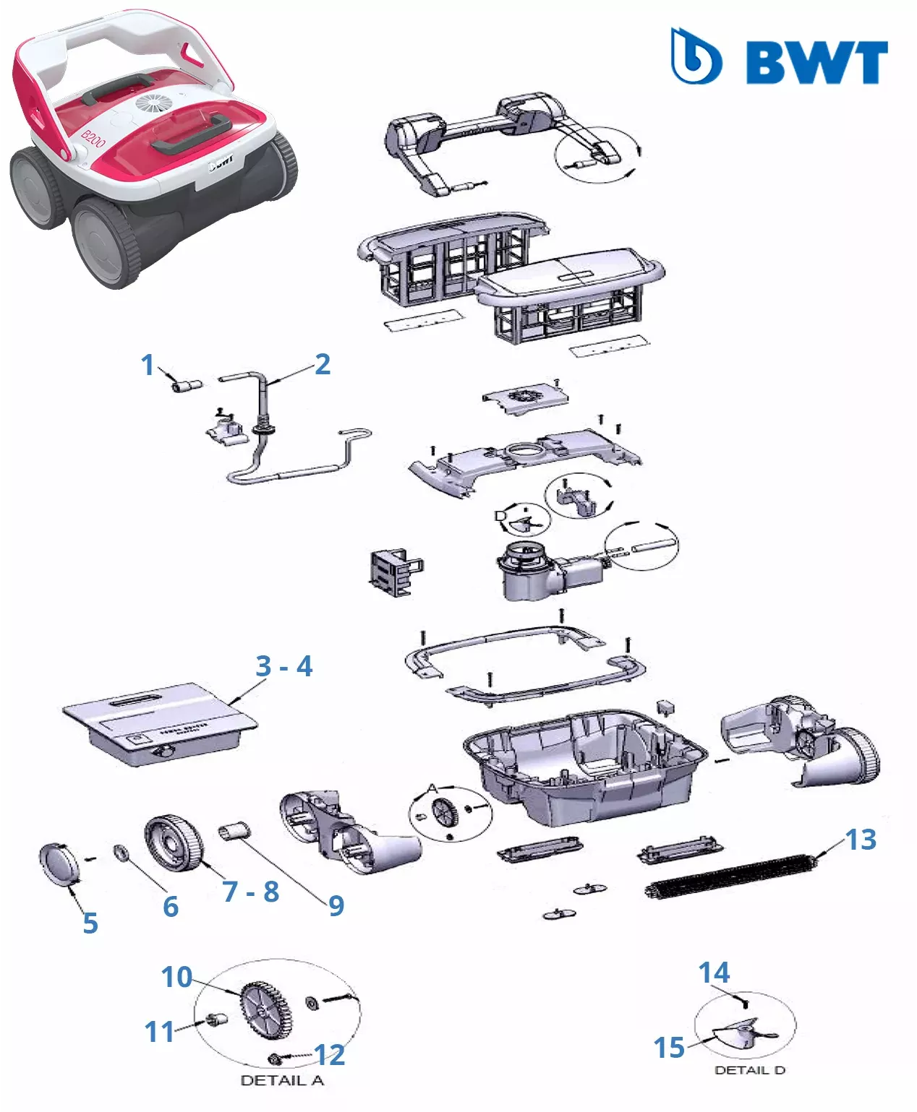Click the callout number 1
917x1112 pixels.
point(148,365)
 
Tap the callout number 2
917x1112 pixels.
point(323,364)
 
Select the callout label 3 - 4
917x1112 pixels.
point(284,666)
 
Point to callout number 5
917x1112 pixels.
point(90,923)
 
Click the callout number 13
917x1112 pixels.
point(861,840)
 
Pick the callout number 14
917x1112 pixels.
point(714,973)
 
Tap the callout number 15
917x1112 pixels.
point(669,1048)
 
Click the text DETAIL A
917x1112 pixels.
point(282,1080)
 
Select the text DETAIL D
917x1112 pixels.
point(750,1070)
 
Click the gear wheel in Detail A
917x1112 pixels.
point(263,1011)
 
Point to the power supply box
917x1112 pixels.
point(159,725)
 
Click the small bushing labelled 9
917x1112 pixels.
point(234,831)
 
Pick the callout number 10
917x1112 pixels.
point(176,977)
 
